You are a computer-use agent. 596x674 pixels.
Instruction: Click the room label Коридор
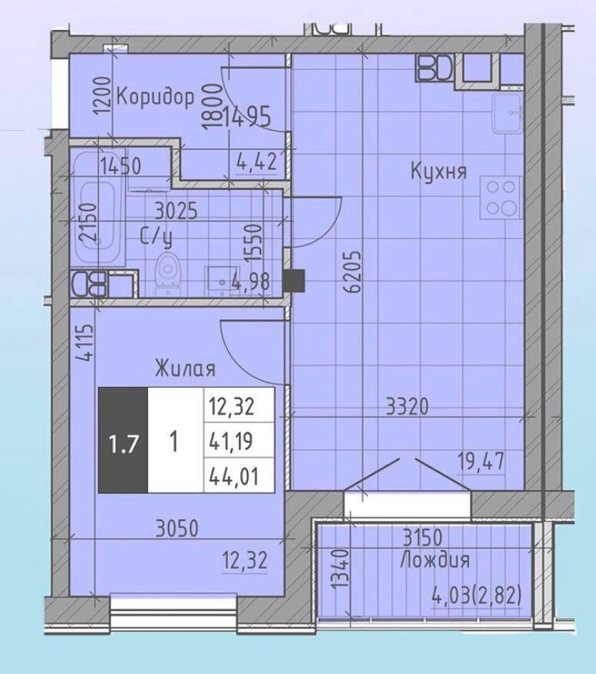156,98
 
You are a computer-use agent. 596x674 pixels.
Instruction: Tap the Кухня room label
438,171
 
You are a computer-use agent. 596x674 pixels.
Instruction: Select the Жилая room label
185,369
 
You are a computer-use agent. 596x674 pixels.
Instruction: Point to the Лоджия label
435,561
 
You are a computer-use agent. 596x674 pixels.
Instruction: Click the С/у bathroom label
156,237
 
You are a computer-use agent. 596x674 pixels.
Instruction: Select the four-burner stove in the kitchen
501,199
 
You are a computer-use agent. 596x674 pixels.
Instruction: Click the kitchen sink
507,113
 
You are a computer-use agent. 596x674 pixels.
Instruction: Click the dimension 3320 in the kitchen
407,406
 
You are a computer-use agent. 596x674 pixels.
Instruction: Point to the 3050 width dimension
177,528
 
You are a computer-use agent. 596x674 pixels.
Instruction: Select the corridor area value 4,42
256,162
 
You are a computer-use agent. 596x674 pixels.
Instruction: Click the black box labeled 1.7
123,440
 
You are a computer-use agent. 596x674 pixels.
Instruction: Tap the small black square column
294,279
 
